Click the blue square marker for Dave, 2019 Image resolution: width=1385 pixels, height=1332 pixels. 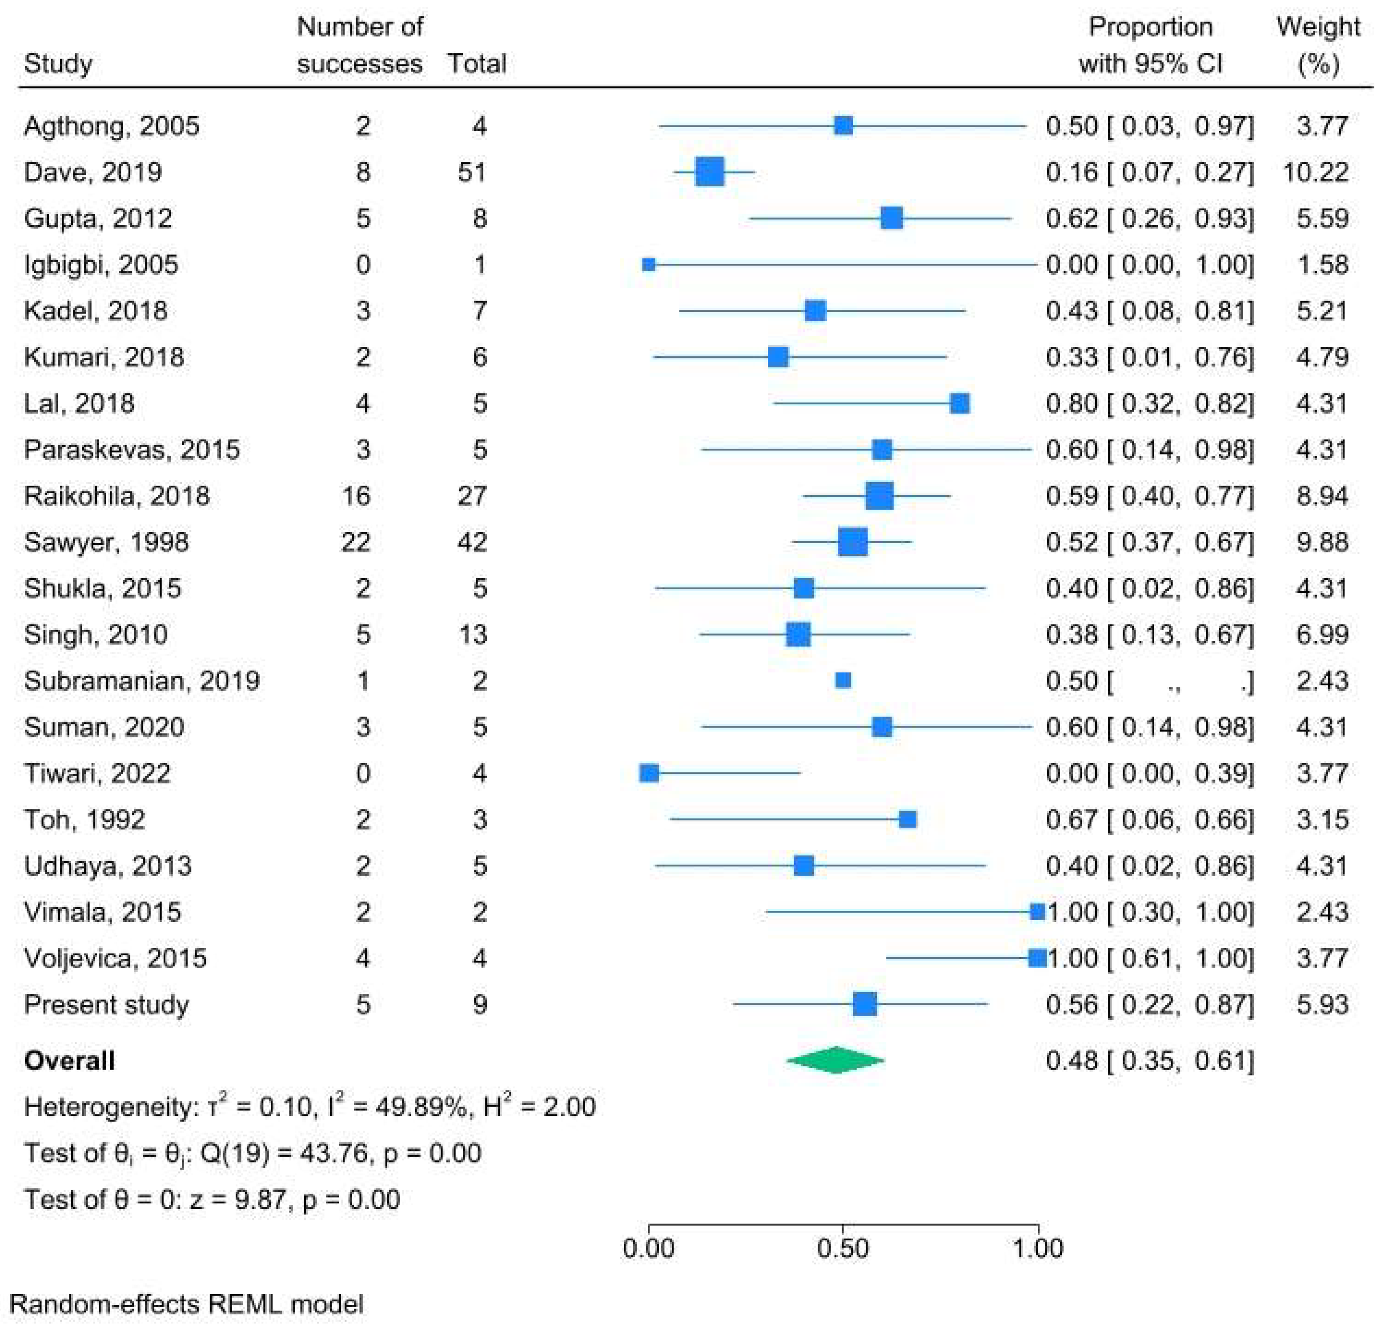pyautogui.click(x=710, y=172)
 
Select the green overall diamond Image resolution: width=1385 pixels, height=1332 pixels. pyautogui.click(x=835, y=1060)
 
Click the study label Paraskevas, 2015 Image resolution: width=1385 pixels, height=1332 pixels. pyautogui.click(x=132, y=450)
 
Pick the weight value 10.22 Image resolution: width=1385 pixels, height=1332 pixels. pyautogui.click(x=1316, y=172)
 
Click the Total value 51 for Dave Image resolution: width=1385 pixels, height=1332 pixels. pyautogui.click(x=472, y=172)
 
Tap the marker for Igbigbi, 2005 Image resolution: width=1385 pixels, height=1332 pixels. pyautogui.click(x=649, y=265)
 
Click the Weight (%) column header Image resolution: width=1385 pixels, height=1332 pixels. pyautogui.click(x=1318, y=45)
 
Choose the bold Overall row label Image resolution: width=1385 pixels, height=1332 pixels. pyautogui.click(x=69, y=1061)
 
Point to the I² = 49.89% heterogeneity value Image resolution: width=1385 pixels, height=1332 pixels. pyautogui.click(x=396, y=1107)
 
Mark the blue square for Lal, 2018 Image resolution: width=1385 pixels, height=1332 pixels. pyautogui.click(x=959, y=404)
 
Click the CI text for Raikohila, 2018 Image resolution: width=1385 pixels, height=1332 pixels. pyautogui.click(x=1150, y=495)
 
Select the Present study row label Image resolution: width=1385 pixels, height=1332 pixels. pyautogui.click(x=106, y=1005)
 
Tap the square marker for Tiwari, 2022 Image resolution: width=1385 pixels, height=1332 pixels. pyautogui.click(x=649, y=773)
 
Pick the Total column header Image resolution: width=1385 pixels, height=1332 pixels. pyautogui.click(x=476, y=64)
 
